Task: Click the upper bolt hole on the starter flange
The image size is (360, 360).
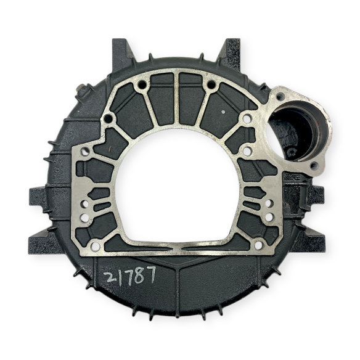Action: (280, 97)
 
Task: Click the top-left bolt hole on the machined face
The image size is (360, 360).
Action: (142, 83)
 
